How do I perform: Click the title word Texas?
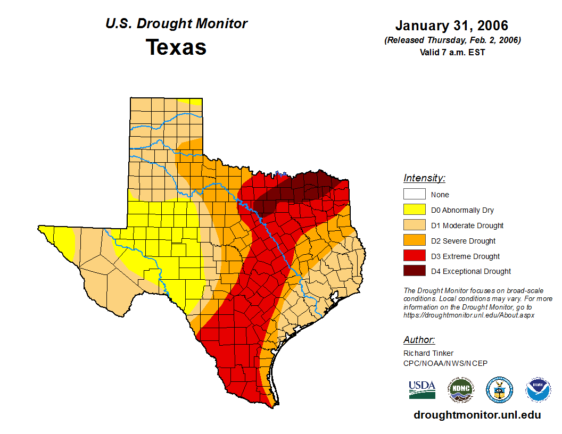pos(176,47)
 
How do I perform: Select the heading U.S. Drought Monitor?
pos(176,23)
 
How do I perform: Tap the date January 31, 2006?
pos(452,26)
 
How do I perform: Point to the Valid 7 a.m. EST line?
pos(452,52)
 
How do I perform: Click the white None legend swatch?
pos(414,195)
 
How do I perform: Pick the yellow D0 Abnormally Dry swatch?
pos(414,210)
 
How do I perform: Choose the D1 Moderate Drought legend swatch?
pos(414,225)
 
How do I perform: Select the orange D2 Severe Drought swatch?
pos(414,240)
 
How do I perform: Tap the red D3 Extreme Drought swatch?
pos(414,256)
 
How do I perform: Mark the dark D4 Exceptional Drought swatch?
pos(414,271)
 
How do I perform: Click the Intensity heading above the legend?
pos(424,178)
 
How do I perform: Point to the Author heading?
pos(419,340)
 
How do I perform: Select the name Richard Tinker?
pos(428,353)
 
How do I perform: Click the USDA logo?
pos(422,389)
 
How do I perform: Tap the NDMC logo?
pos(460,390)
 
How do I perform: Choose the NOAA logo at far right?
pos(538,390)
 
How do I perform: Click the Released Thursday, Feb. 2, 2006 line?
pos(452,40)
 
